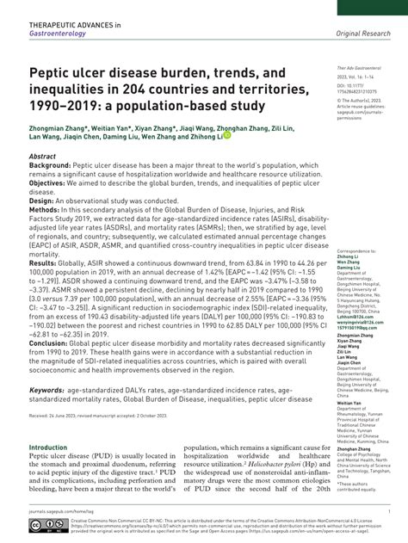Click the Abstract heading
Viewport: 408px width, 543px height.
pos(43,157)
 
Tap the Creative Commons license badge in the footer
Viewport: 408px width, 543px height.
pos(48,524)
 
